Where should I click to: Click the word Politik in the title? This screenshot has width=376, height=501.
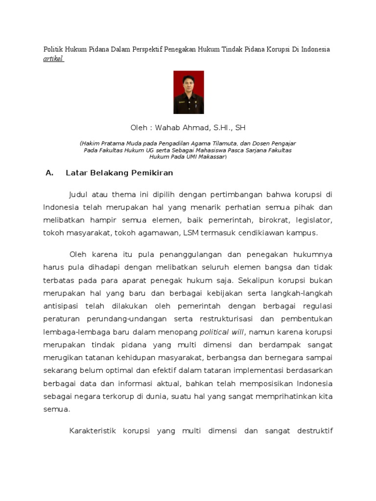[x=53, y=49]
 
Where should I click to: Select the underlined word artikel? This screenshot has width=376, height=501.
[x=54, y=59]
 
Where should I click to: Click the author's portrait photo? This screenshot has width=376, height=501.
[x=188, y=92]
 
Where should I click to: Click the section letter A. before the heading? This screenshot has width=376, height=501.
[x=48, y=173]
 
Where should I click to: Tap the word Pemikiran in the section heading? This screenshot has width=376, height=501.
[x=151, y=173]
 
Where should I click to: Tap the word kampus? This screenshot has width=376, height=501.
[x=303, y=233]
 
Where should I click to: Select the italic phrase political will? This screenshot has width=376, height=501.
[x=221, y=331]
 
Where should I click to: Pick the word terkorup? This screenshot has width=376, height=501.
[x=117, y=395]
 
